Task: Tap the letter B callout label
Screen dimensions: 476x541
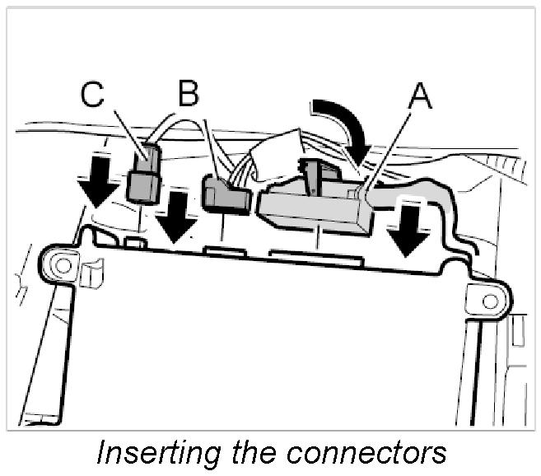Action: (x=189, y=95)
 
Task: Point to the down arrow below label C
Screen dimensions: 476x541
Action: (x=100, y=180)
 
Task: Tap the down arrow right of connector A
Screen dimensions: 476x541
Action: (x=409, y=229)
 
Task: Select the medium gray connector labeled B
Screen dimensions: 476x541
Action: (x=225, y=197)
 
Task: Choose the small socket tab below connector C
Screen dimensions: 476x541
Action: (x=136, y=244)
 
